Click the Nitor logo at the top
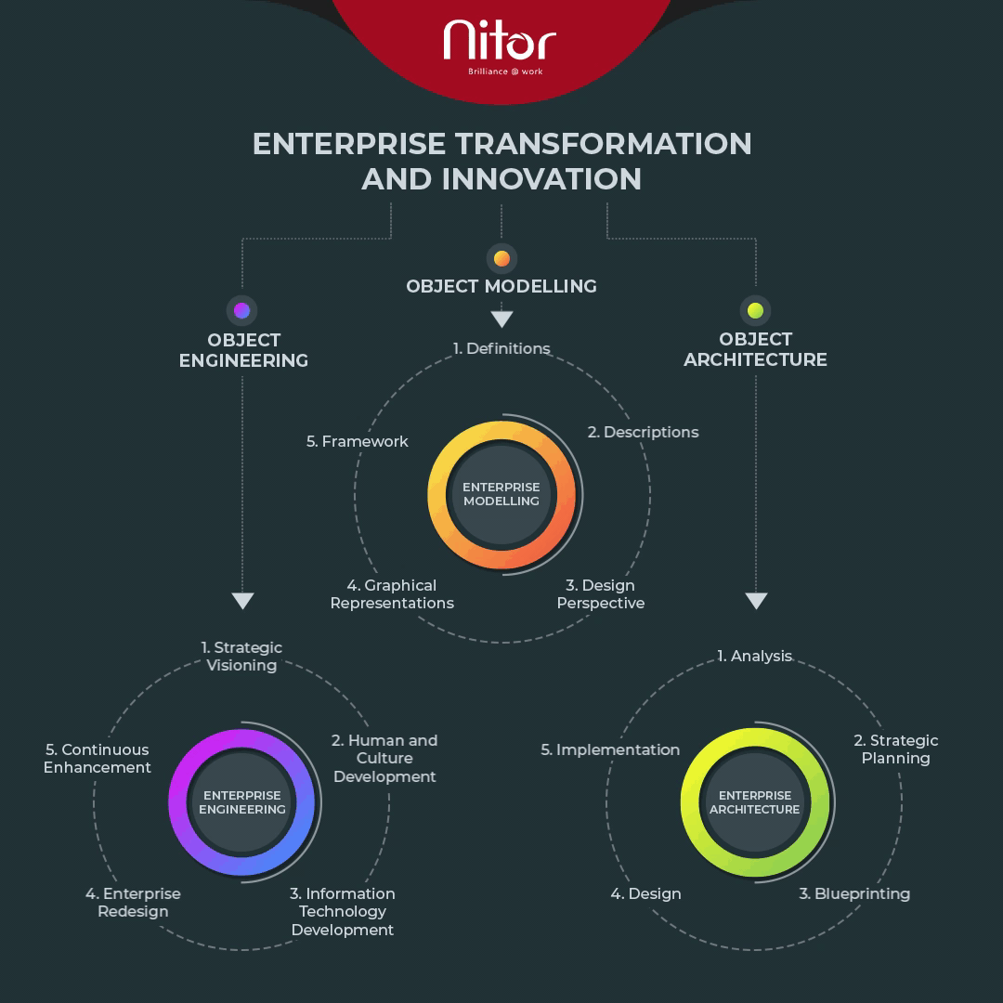[x=500, y=46]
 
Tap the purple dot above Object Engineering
[x=241, y=310]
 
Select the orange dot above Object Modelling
[x=502, y=258]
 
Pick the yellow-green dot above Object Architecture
[x=755, y=310]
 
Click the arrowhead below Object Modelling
[x=502, y=319]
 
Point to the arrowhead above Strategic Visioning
[x=242, y=601]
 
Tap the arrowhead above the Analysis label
[x=756, y=601]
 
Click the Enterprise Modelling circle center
[x=501, y=494]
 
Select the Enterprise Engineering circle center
[x=242, y=802]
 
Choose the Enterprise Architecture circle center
[x=755, y=802]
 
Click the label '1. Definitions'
[x=501, y=348]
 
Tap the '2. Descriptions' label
[x=643, y=433]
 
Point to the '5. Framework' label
[x=357, y=441]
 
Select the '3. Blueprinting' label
[x=854, y=894]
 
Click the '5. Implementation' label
[x=610, y=749]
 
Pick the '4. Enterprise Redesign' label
[x=133, y=903]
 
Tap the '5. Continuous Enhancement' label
[x=98, y=759]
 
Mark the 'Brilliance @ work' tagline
[x=505, y=72]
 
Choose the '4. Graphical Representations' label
[x=392, y=594]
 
